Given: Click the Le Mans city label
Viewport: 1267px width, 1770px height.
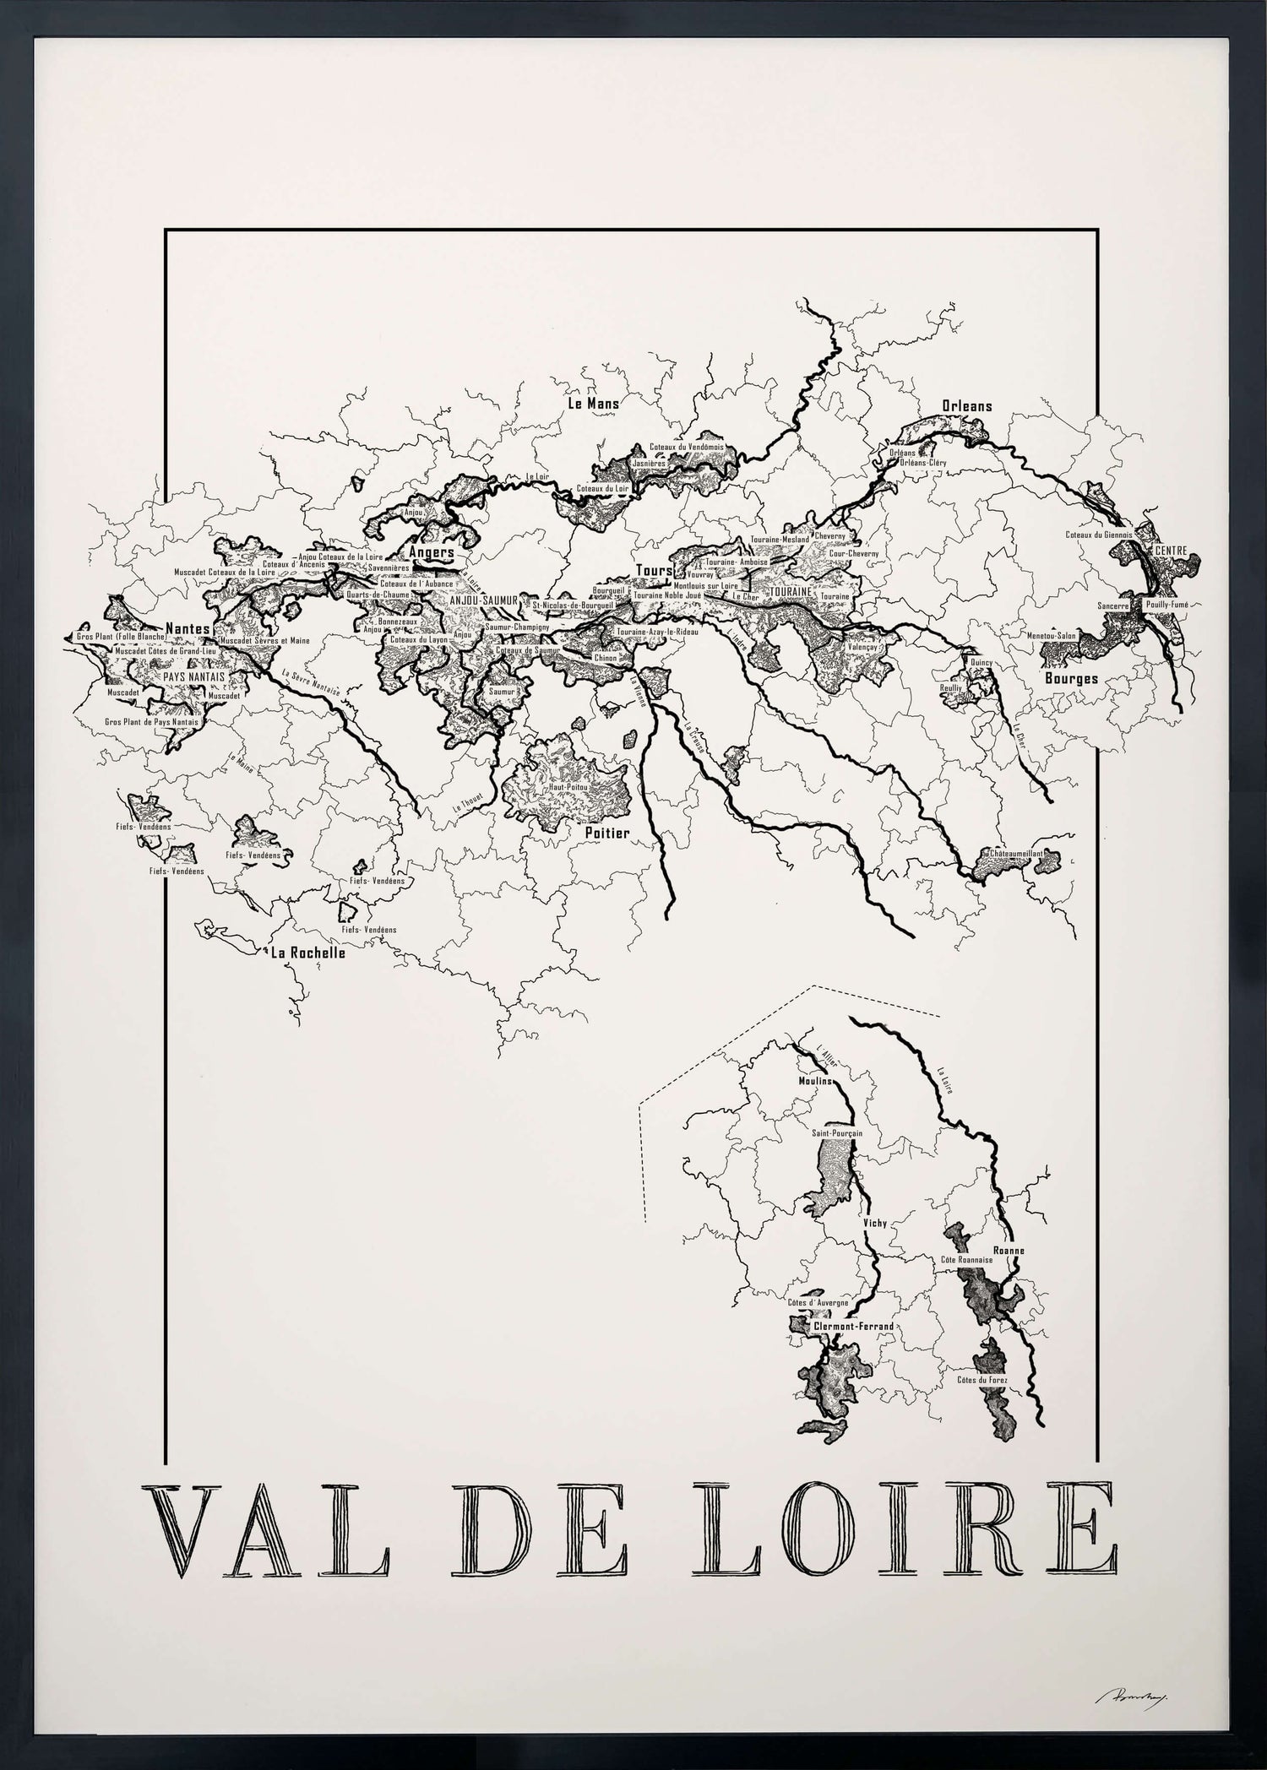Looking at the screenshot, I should (x=593, y=404).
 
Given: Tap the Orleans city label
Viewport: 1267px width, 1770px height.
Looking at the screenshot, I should (x=967, y=405).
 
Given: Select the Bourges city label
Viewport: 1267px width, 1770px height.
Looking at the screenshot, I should (x=1071, y=678).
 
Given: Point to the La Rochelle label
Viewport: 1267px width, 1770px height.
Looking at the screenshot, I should (x=307, y=953).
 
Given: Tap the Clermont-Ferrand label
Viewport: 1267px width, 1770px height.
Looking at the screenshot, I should (x=852, y=1327).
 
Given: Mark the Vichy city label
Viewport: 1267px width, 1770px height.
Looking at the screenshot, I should (x=874, y=1223).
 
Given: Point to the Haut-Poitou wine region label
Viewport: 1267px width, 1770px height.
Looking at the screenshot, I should (x=568, y=786).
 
